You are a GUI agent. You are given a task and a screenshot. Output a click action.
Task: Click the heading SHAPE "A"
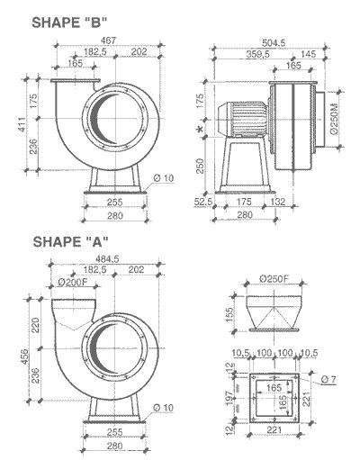point(71,241)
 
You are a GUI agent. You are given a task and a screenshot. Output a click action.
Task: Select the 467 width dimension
point(110,41)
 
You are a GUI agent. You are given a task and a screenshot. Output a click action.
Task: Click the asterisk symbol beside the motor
point(200,131)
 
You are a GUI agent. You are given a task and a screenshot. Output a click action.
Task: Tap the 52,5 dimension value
point(203,203)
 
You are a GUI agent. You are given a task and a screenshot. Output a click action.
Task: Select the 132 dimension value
point(279,203)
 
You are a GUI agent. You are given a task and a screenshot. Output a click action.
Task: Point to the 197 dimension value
point(227,399)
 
